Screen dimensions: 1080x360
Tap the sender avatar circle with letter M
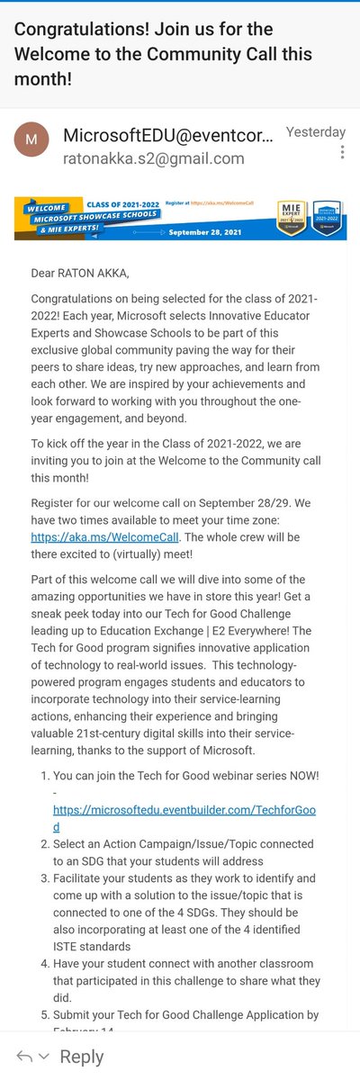tap(31, 142)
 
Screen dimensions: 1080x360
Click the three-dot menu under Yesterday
tap(342, 152)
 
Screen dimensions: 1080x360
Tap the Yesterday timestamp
tap(315, 131)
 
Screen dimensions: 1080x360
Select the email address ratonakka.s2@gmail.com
tap(153, 158)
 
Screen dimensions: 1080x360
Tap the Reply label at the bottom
tap(82, 1056)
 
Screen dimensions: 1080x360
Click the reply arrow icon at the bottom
tap(24, 1056)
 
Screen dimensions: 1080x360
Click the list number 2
tap(40, 843)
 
